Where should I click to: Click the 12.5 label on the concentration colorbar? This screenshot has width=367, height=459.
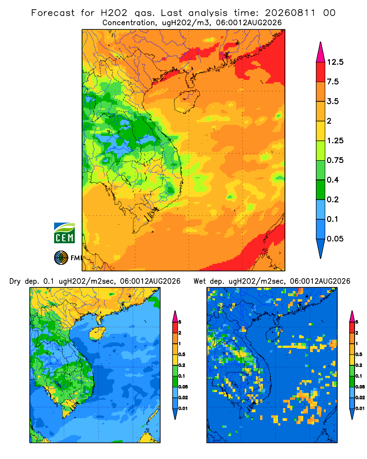click(x=335, y=62)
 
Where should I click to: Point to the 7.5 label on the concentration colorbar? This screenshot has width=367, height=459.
click(x=333, y=82)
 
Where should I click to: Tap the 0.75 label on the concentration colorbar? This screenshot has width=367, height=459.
click(x=335, y=160)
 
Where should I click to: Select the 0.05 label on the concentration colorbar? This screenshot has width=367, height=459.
click(x=335, y=239)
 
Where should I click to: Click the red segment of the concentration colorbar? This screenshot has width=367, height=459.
click(x=321, y=72)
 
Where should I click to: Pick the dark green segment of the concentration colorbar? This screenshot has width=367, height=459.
click(x=321, y=190)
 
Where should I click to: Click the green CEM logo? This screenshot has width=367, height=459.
click(x=64, y=233)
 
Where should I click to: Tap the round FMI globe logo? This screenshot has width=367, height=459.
click(x=61, y=258)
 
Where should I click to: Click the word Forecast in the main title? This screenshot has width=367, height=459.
click(x=53, y=13)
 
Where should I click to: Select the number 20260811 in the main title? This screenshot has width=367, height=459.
click(x=290, y=13)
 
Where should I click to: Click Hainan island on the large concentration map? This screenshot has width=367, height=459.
click(x=186, y=101)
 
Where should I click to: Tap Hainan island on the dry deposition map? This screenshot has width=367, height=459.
click(x=97, y=333)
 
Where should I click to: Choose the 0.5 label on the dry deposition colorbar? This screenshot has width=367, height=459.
click(x=182, y=354)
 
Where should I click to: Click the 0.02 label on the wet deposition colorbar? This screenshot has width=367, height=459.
click(x=360, y=397)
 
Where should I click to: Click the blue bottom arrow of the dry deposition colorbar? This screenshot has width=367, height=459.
click(x=175, y=414)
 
